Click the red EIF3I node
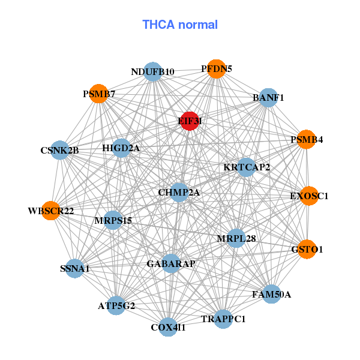tap(190, 121)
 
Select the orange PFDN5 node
tap(216, 69)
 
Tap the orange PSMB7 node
tap(98, 94)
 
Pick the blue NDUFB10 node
tap(152, 71)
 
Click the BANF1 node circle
tap(268, 98)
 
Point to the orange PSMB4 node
tap(306, 139)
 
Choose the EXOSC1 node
tap(309, 196)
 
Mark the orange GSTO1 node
tap(307, 249)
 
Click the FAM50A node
tap(272, 294)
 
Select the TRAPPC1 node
tap(223, 319)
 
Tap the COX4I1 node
tap(168, 327)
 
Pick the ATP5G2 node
tap(116, 305)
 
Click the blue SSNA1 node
tap(74, 268)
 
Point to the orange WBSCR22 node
tap(51, 211)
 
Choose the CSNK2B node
tap(59, 150)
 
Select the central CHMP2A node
tap(179, 193)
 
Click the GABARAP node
tap(171, 263)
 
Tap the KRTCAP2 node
tap(247, 167)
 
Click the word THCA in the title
tap(158, 25)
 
